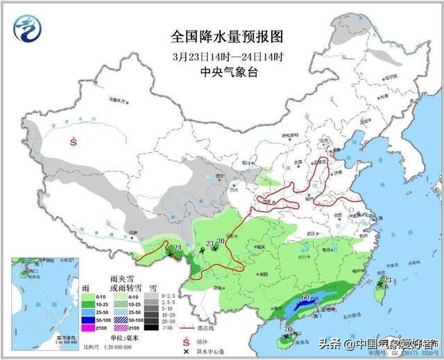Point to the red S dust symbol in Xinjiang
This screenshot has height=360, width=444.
(x=74, y=142)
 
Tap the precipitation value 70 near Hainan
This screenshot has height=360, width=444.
(x=287, y=328)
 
